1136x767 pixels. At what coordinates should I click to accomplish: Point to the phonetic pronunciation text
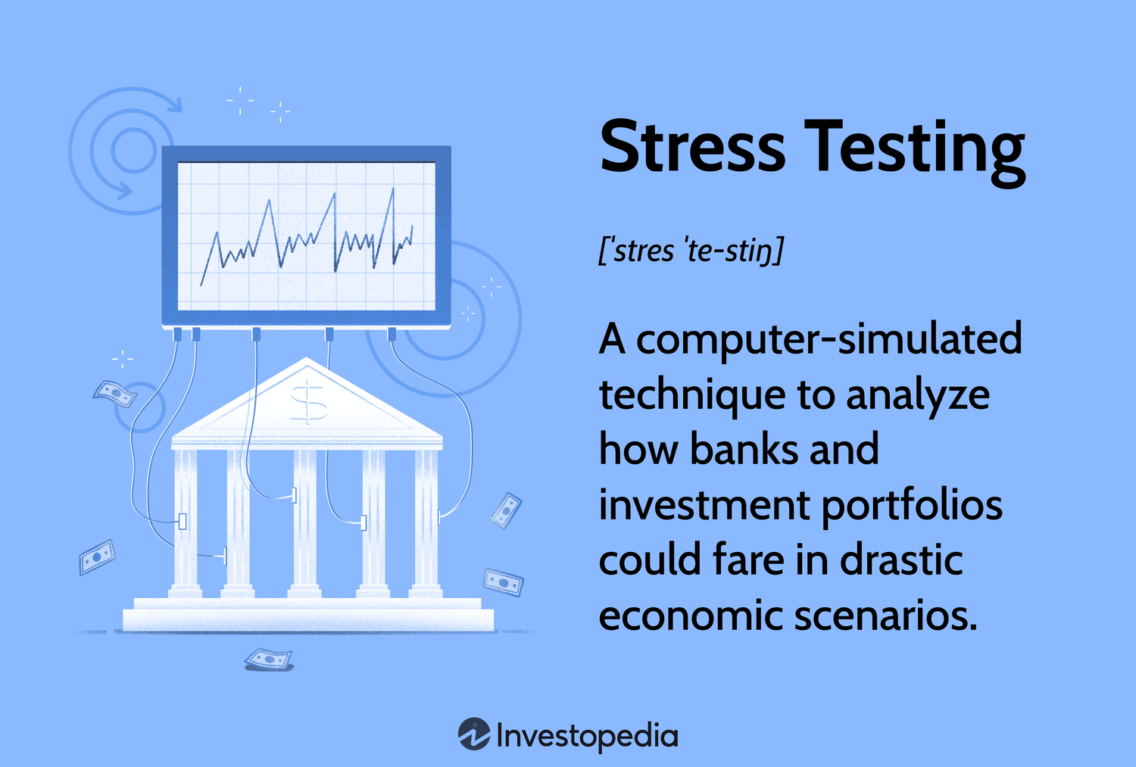tap(691, 251)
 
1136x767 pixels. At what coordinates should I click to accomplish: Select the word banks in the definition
tap(744, 449)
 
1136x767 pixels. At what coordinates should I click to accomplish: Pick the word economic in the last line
tap(690, 615)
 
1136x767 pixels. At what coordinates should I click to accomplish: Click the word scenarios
tap(885, 615)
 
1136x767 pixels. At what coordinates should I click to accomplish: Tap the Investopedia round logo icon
tap(474, 734)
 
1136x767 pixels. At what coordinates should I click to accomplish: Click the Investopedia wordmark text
tap(587, 736)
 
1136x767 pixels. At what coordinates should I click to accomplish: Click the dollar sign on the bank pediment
tap(308, 402)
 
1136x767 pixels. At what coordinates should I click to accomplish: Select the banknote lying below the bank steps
tap(268, 659)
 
